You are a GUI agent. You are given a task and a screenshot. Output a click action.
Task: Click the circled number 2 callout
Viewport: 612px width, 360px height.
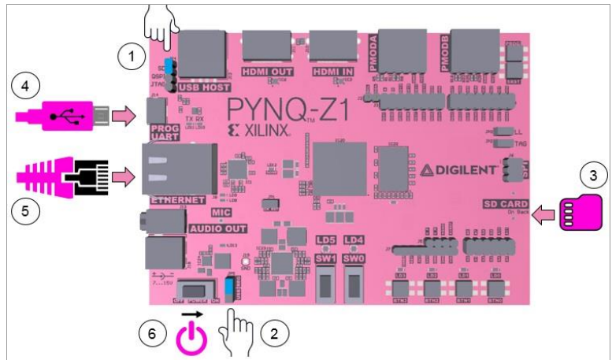tap(273, 333)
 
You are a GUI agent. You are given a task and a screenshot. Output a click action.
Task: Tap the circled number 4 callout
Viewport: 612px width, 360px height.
tap(26, 86)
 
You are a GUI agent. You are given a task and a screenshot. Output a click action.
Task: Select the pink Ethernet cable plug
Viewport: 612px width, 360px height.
tap(63, 179)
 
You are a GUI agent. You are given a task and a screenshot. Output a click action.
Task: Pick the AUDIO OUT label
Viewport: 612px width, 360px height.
tap(217, 228)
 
